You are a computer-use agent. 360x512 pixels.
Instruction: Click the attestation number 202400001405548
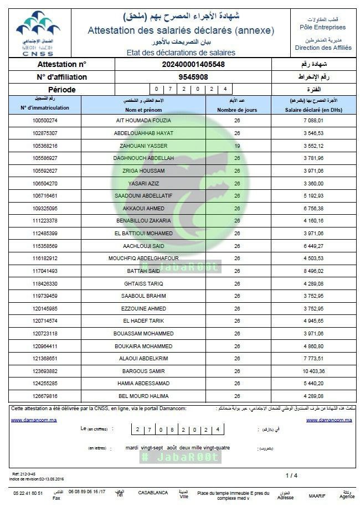[193, 65]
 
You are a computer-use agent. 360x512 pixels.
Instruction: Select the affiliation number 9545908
[193, 77]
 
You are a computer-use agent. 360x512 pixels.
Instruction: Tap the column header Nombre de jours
[237, 110]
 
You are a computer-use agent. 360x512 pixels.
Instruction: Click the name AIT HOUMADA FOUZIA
[143, 120]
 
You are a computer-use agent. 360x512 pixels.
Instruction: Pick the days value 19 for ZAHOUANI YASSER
[237, 146]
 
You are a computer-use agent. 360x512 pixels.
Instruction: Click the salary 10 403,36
[313, 371]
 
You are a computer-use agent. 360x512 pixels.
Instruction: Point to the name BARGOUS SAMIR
[143, 371]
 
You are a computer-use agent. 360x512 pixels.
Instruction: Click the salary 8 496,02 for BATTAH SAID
[313, 271]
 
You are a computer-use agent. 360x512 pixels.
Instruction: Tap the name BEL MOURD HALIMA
[143, 396]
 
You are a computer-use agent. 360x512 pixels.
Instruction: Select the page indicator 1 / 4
[291, 475]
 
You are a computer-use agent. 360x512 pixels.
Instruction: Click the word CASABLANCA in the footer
[153, 493]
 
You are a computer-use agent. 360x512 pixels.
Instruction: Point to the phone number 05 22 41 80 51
[28, 493]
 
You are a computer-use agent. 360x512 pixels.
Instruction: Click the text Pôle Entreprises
[322, 27]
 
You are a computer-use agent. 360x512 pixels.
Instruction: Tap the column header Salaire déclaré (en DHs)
[313, 110]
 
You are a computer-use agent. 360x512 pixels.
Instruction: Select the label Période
[62, 89]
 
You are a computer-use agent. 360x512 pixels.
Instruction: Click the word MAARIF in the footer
[317, 496]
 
